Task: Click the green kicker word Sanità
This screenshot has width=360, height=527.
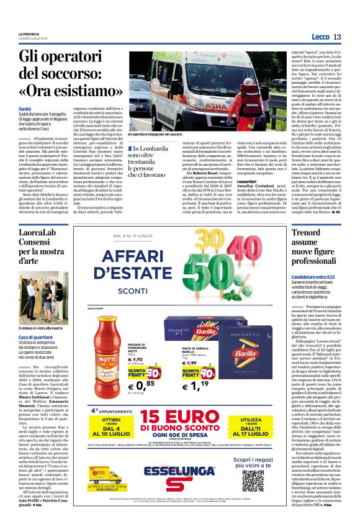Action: click(25, 109)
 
